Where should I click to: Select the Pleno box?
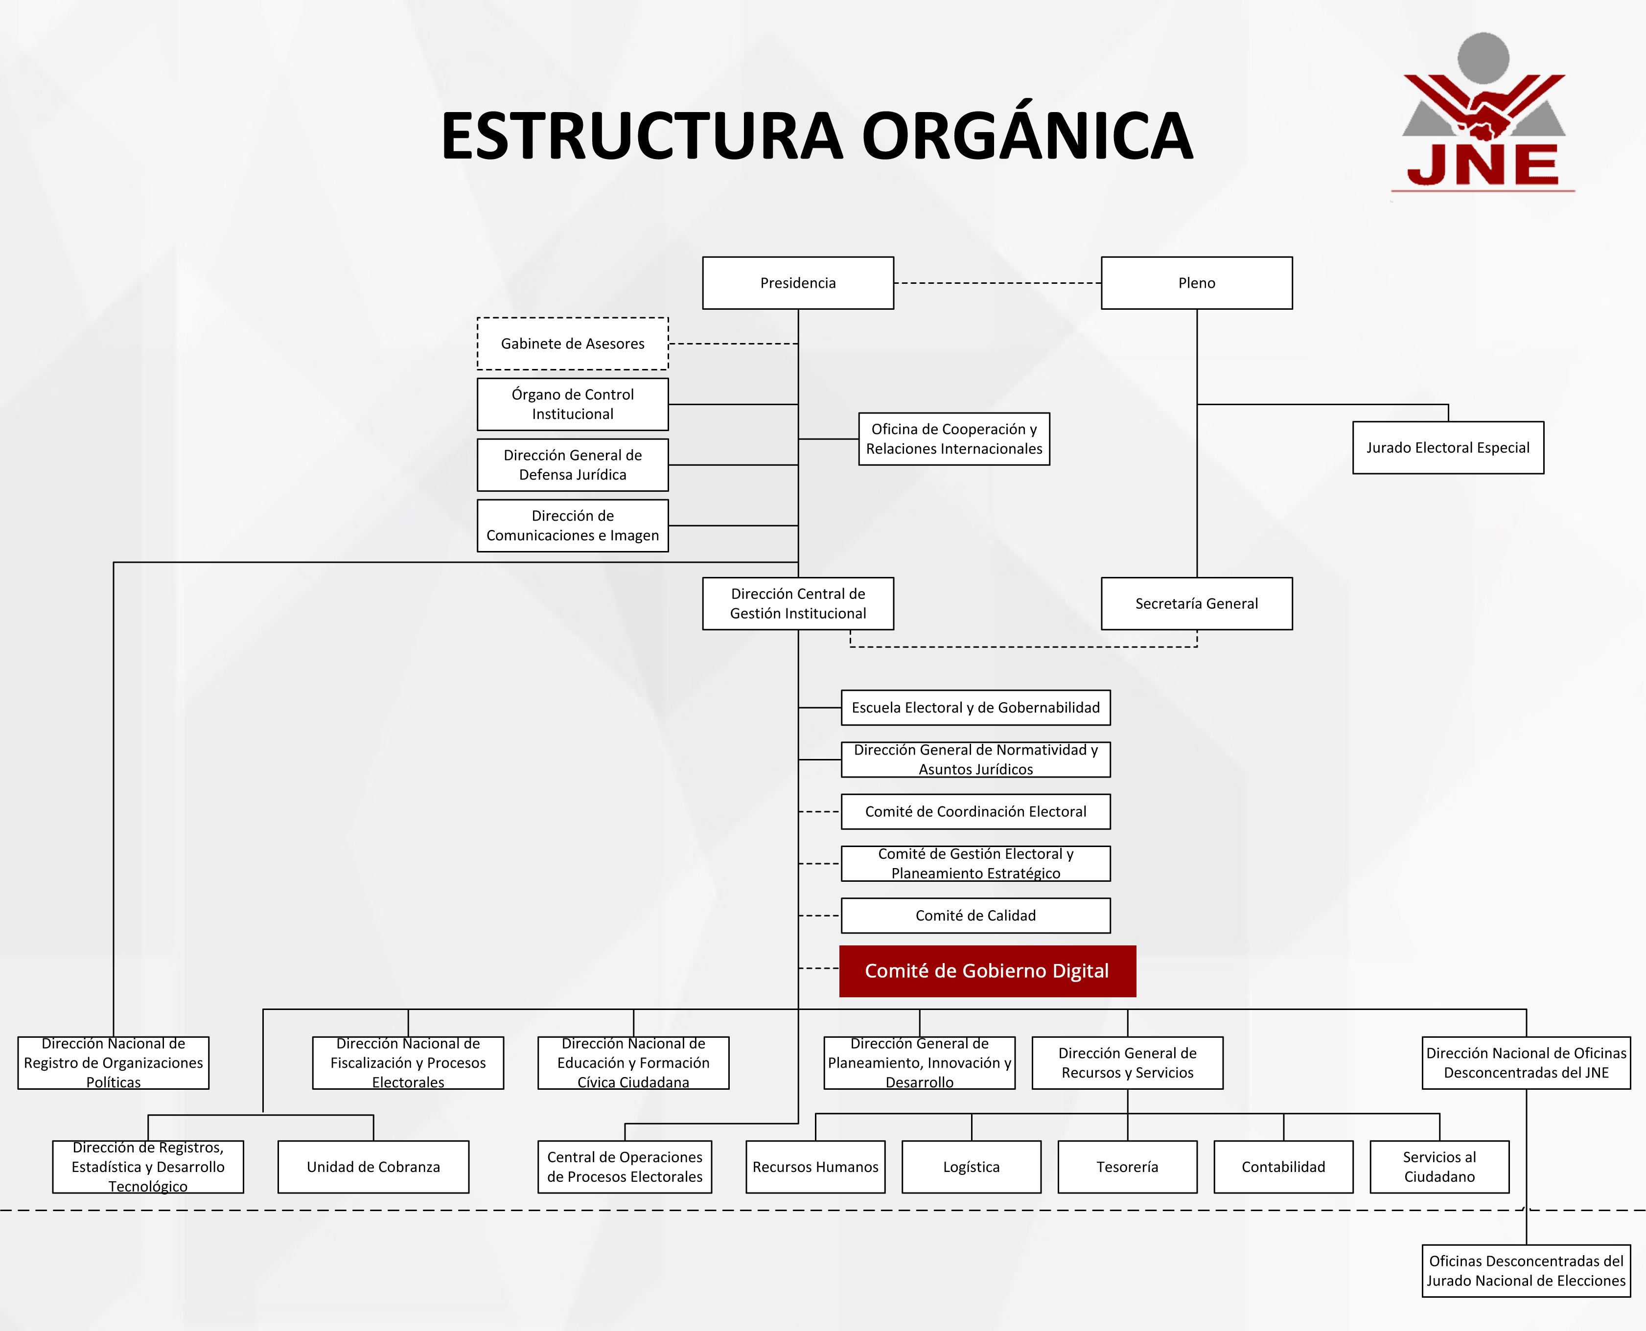point(1196,283)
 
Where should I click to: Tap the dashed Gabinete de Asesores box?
point(573,344)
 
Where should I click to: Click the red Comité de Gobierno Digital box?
point(987,971)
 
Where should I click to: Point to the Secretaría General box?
point(1196,603)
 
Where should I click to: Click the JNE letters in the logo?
point(1483,165)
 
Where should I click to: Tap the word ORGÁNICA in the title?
point(1027,137)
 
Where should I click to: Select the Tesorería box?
point(1127,1167)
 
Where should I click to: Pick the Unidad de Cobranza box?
point(373,1167)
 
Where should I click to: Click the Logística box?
point(972,1167)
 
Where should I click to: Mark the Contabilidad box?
point(1283,1167)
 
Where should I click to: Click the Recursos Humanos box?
point(815,1167)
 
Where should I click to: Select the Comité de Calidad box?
point(975,916)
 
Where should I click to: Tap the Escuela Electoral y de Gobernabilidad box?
point(975,708)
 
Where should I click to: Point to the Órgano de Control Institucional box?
point(573,404)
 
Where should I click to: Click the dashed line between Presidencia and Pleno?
point(997,283)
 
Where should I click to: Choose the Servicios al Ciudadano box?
point(1439,1167)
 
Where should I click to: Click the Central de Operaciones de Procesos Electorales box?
point(625,1167)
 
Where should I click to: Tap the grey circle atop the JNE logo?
point(1483,58)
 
